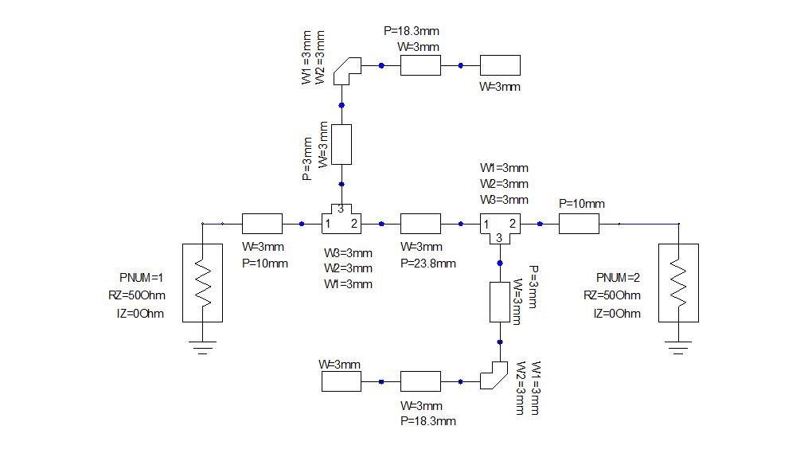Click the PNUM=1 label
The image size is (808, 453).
(141, 277)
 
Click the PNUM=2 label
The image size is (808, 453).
(618, 277)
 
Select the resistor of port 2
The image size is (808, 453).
(678, 283)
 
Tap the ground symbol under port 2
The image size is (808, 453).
(678, 347)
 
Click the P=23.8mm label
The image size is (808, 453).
(428, 264)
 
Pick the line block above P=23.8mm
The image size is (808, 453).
(420, 224)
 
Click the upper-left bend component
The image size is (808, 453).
(347, 70)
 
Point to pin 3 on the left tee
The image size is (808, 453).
(341, 209)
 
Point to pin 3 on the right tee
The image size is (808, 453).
(499, 237)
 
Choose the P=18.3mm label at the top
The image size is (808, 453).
(412, 31)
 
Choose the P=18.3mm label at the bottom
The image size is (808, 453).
(428, 421)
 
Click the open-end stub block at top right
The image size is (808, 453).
(500, 65)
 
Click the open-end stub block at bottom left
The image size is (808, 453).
(342, 381)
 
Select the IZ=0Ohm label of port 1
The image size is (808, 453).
(140, 314)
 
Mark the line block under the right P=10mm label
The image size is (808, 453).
(579, 224)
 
